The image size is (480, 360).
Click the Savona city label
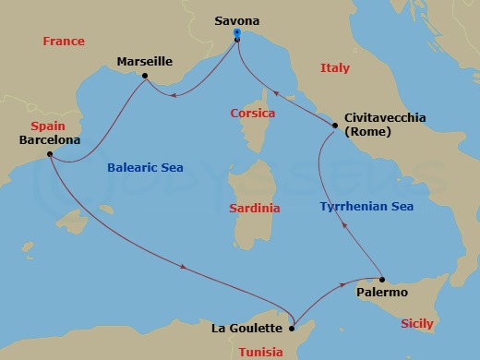point(237,20)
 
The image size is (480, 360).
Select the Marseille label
point(145,62)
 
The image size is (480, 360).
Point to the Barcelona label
point(49,140)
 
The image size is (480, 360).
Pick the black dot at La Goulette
point(292,326)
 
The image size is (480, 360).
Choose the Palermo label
point(381,292)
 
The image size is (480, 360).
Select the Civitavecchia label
point(384,117)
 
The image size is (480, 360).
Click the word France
point(64,42)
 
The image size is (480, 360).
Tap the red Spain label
point(47,125)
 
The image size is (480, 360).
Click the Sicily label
point(417,324)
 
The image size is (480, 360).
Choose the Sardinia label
point(255,209)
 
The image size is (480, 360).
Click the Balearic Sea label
point(145,168)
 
